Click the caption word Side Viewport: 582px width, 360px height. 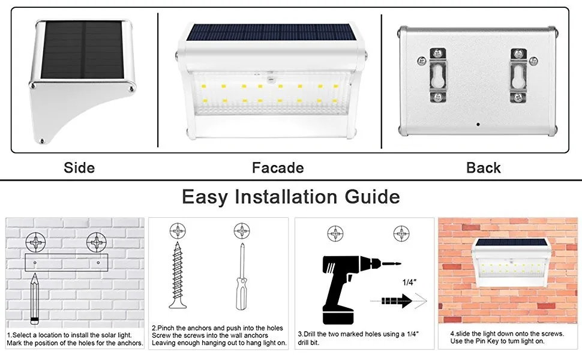point(79,167)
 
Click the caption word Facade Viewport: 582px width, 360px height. point(278,167)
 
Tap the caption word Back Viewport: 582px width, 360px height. point(483,167)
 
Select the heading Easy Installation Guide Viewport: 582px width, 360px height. point(291,197)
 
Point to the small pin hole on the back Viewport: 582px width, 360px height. point(478,125)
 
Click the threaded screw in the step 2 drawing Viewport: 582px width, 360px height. point(178,277)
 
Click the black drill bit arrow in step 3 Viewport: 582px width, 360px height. point(398,300)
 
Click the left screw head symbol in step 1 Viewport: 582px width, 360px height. point(36,243)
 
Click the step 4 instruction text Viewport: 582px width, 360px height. point(508,337)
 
